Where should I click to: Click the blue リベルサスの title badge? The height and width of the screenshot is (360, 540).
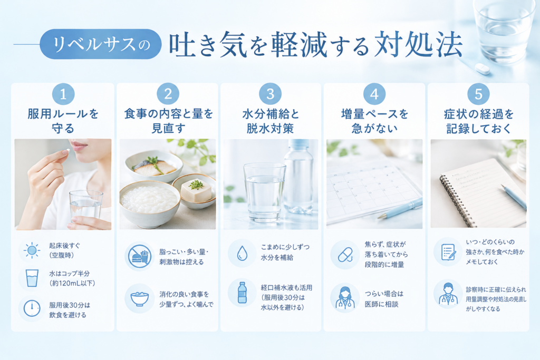click(101, 44)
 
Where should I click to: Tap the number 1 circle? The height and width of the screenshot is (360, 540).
click(63, 94)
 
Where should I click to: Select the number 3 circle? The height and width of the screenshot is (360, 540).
click(271, 94)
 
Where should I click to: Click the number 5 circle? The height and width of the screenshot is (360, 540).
click(478, 94)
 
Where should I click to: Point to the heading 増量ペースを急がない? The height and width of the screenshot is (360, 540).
click(374, 121)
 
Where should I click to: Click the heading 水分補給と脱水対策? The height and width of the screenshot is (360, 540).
click(271, 121)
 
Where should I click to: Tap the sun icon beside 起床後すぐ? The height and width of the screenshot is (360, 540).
click(32, 250)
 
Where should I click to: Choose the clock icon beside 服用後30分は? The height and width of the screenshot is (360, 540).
click(32, 308)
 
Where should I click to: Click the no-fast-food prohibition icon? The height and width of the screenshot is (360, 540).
click(140, 256)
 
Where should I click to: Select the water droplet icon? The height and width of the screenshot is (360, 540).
click(242, 254)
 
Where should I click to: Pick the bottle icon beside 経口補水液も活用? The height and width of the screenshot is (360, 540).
click(242, 293)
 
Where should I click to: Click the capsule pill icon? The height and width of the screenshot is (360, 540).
click(345, 255)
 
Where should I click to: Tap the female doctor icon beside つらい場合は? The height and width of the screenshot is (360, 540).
click(345, 298)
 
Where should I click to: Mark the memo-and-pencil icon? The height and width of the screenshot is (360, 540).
click(448, 252)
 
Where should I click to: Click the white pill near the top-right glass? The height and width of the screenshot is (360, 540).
click(482, 69)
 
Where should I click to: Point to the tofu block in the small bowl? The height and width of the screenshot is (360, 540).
click(196, 190)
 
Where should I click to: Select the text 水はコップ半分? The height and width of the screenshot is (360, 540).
click(69, 273)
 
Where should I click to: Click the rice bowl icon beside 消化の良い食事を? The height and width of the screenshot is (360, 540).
click(140, 299)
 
